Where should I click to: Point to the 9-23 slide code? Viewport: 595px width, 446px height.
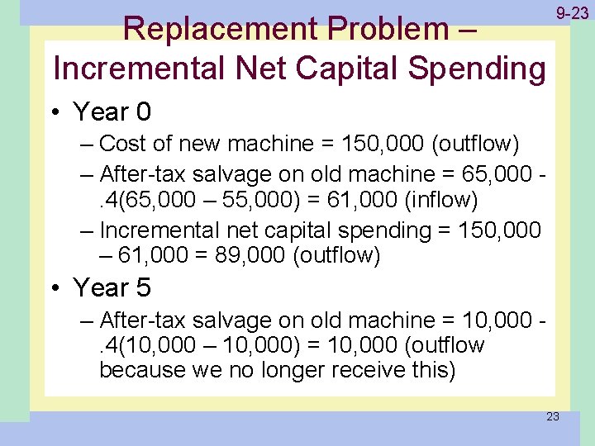[572, 13]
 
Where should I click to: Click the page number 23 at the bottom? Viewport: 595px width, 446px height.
[553, 416]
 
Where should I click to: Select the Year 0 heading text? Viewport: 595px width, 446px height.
[112, 111]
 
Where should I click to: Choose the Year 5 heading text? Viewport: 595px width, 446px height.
[112, 287]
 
